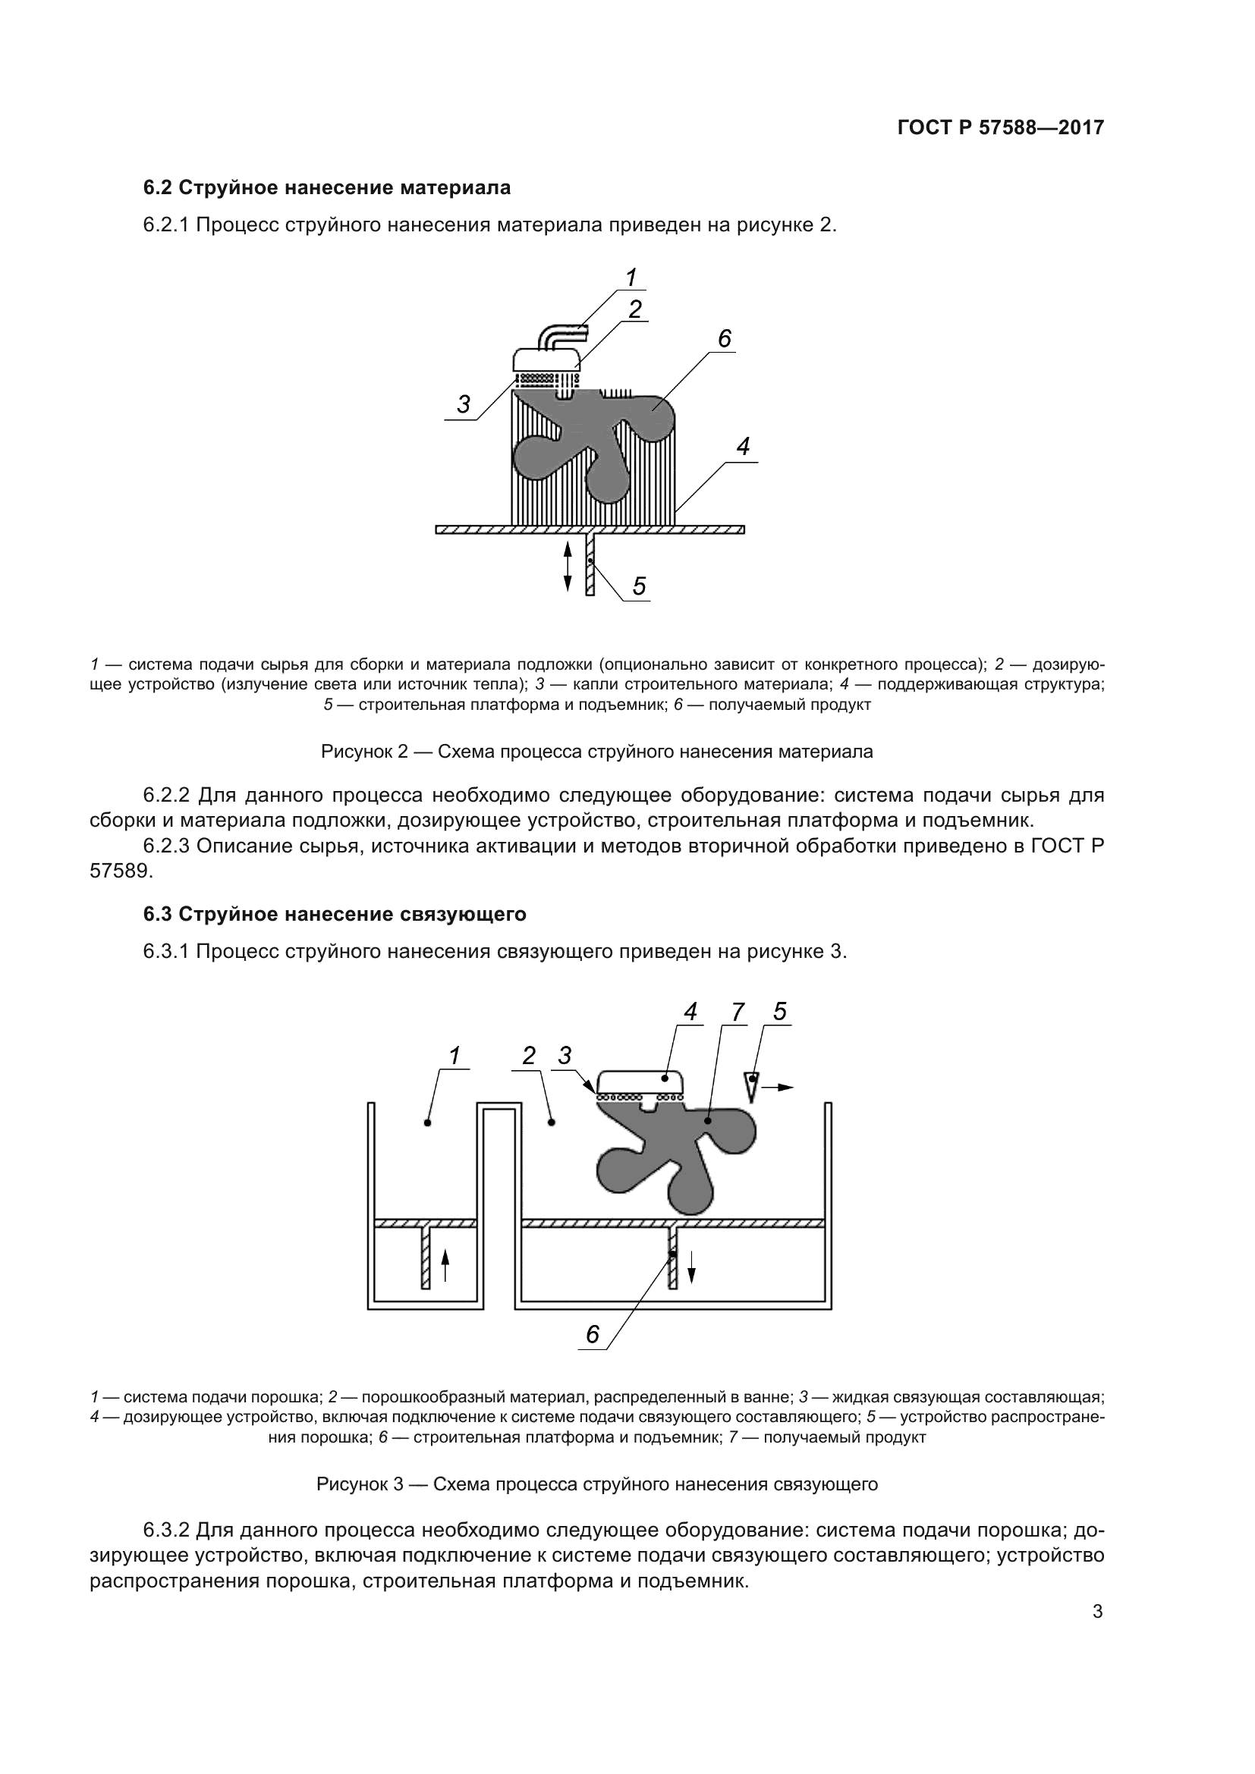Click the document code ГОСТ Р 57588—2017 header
(x=1000, y=127)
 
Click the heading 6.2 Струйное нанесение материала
(x=327, y=188)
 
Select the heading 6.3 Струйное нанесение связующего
(x=335, y=914)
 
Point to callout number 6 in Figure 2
(x=723, y=338)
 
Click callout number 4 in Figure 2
(x=743, y=447)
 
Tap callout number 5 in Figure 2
(x=638, y=586)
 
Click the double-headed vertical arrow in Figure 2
(x=568, y=567)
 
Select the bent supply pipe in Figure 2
(x=560, y=337)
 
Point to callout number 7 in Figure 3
(x=738, y=1013)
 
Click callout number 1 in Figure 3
(x=455, y=1055)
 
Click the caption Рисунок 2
(x=596, y=752)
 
